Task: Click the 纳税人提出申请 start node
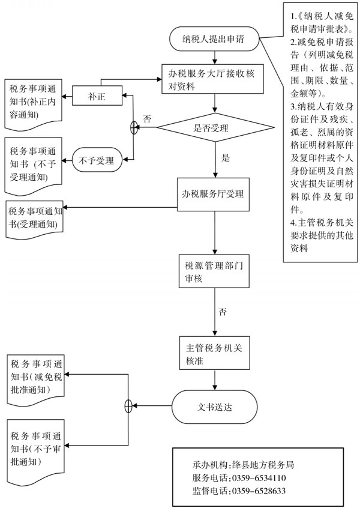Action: click(x=215, y=40)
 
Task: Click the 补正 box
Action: click(x=97, y=95)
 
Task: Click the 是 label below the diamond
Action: click(x=226, y=158)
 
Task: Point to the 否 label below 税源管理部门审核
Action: click(x=223, y=312)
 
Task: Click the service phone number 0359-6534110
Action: click(x=259, y=478)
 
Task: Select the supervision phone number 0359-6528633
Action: click(x=259, y=491)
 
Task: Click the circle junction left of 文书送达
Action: click(x=128, y=406)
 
